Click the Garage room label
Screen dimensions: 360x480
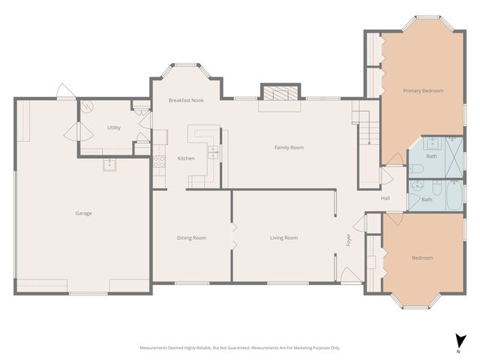tap(83, 213)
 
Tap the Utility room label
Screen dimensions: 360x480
tap(113, 127)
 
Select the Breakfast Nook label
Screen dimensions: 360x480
tap(185, 100)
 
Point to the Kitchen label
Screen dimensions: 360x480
tap(186, 158)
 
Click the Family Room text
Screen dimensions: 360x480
tap(289, 148)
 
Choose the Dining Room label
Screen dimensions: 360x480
tap(191, 238)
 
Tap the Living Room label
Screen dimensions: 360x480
tap(284, 238)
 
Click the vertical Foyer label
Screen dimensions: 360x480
tap(348, 240)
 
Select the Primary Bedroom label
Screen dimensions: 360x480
tap(423, 91)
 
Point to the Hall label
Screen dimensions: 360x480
tap(385, 198)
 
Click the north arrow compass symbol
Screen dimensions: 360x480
tap(457, 342)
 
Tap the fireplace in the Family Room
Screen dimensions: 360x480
tap(278, 93)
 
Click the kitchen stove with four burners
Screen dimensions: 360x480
tap(159, 160)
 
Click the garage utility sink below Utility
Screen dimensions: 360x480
tap(109, 164)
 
